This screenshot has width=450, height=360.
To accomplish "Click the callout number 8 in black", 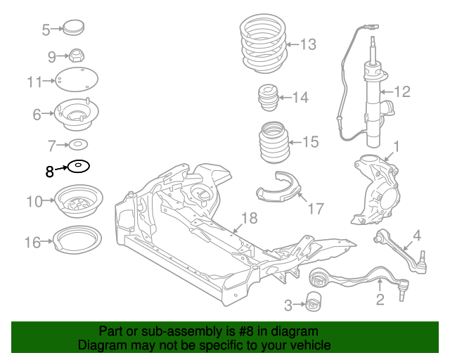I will pos(49,171).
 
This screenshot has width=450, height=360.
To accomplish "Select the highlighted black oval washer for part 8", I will pos(78,167).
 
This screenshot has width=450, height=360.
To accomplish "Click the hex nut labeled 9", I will pos(77,55).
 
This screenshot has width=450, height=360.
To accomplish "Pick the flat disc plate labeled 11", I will pos(77,81).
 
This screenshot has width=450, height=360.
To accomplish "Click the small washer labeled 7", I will pos(77,146).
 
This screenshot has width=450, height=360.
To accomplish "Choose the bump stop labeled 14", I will pos(267,97).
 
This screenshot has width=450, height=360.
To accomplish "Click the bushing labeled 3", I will pos(314,303).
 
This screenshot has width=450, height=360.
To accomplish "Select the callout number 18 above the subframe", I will pos(250,217).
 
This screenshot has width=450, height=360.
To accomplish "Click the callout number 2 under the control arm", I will pos(380,301).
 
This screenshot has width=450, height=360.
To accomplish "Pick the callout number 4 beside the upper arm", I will pos(416,235).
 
